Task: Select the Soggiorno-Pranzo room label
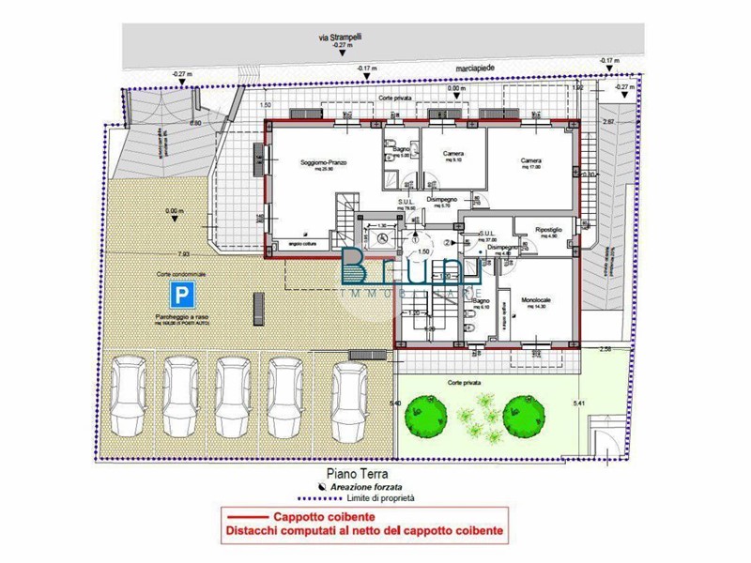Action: [x=324, y=163]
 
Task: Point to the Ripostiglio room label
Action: [x=548, y=229]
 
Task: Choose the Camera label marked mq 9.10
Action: [x=453, y=155]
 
